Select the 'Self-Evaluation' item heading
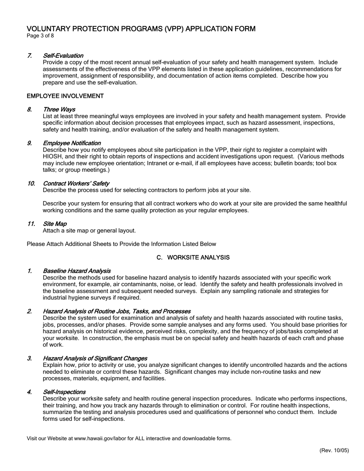coord(63,56)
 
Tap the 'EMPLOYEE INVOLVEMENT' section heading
coord(65,96)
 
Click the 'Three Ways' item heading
coord(59,110)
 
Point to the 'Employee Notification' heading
coord(72,143)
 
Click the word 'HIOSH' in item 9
coord(52,157)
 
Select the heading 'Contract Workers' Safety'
coord(76,183)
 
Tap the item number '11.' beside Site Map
coord(31,224)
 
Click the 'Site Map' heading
coord(55,224)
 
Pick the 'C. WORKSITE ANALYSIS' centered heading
coord(193,257)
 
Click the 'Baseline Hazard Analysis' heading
coord(77,271)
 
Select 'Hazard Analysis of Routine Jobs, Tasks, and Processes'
coord(116,311)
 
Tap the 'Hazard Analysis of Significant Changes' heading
coord(95,358)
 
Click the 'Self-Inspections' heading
coord(64,392)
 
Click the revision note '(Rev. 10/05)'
coord(334,450)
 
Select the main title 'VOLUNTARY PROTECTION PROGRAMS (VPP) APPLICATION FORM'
coord(141,29)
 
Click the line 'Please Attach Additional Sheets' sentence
coord(121,244)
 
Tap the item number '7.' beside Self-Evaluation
coord(30,56)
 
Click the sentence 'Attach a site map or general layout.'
coord(89,231)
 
